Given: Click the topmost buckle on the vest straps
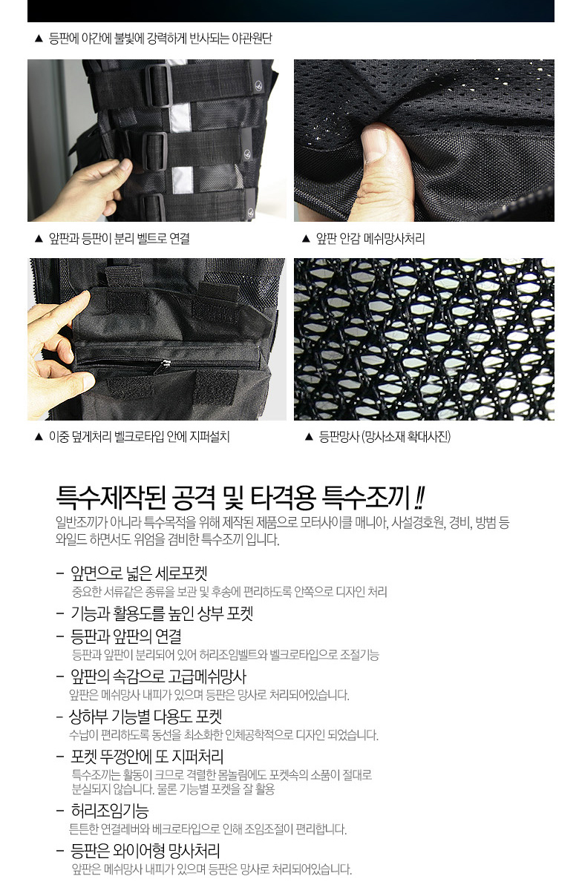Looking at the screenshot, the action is click(158, 85).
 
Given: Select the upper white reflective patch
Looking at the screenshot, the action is click(180, 118).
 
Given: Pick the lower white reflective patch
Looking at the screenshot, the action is click(183, 180).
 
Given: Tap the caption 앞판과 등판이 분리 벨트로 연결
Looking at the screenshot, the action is click(120, 238).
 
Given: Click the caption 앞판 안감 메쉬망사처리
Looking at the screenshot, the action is click(370, 238).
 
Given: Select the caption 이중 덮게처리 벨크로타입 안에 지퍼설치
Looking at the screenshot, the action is click(140, 436).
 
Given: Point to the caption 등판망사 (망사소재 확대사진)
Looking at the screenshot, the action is click(385, 436).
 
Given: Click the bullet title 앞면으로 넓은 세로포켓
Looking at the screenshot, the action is click(139, 573).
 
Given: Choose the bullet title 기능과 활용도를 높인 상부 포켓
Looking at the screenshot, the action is click(162, 613).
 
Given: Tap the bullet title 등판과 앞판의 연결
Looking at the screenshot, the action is click(126, 636).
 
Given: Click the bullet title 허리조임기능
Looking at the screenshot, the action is click(110, 811).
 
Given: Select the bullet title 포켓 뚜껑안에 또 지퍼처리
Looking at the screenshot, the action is click(147, 756).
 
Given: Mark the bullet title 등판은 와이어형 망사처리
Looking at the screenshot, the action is click(145, 851).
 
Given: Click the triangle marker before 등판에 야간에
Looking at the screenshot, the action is click(39, 39).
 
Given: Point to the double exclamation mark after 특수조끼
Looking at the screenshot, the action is click(419, 497).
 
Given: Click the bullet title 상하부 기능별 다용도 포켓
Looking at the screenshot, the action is click(145, 717).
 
